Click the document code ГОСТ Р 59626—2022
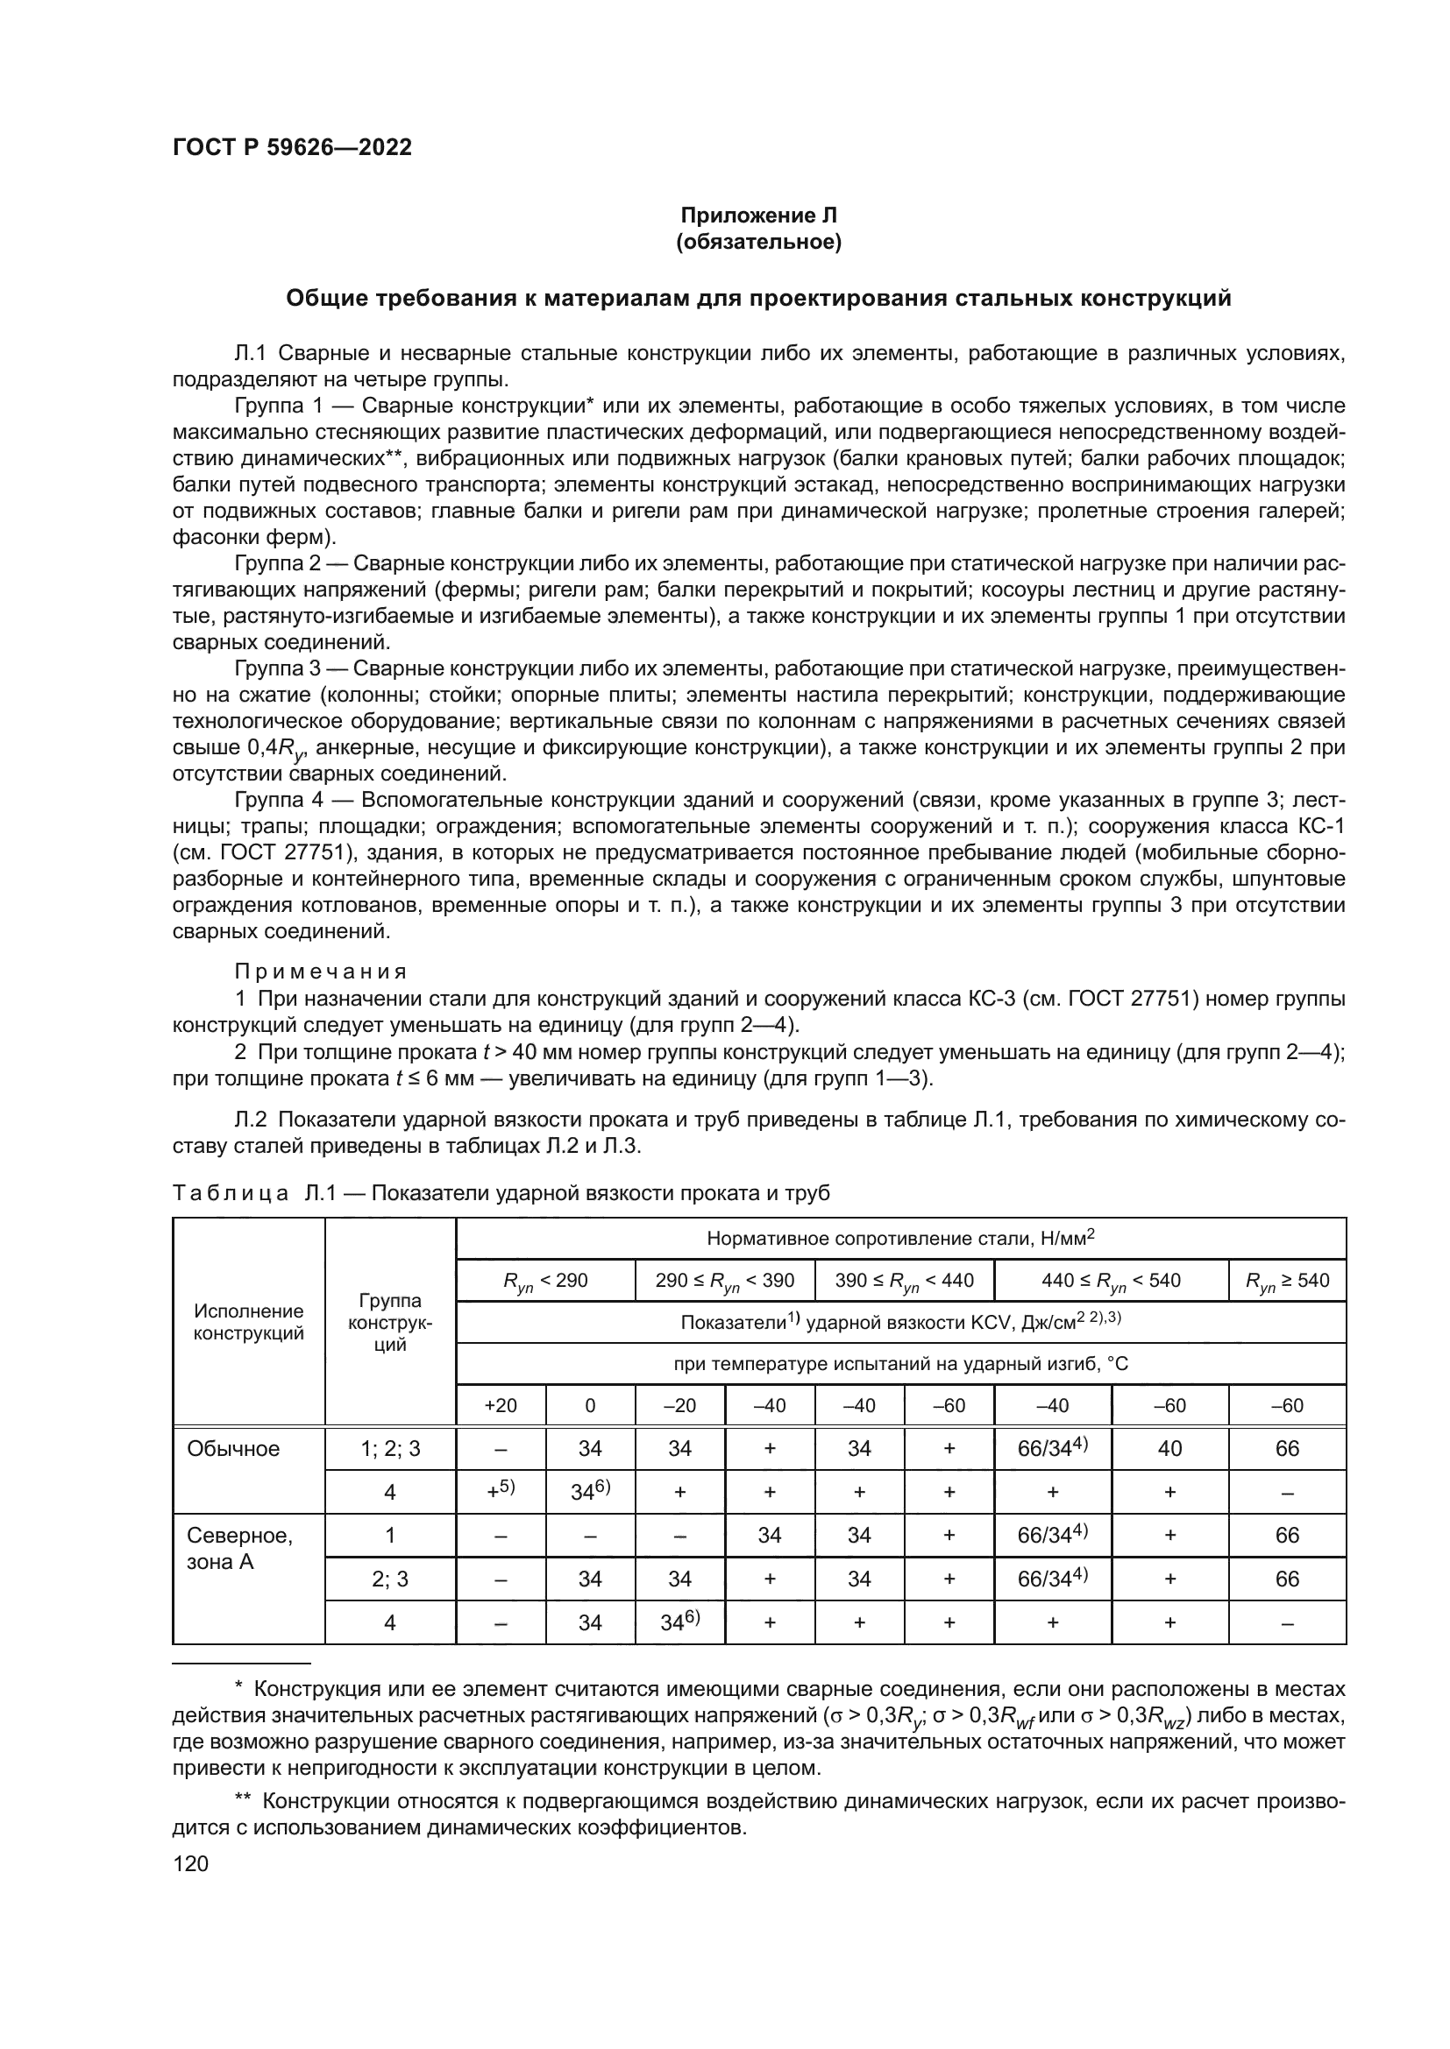[x=292, y=148]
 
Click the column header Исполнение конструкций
[x=248, y=1322]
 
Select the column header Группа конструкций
[x=390, y=1322]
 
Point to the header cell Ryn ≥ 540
[x=1287, y=1281]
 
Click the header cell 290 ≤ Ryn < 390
[x=724, y=1281]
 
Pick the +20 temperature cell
[x=500, y=1405]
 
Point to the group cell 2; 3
[x=390, y=1579]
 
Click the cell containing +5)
[x=500, y=1491]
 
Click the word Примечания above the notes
[x=321, y=971]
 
